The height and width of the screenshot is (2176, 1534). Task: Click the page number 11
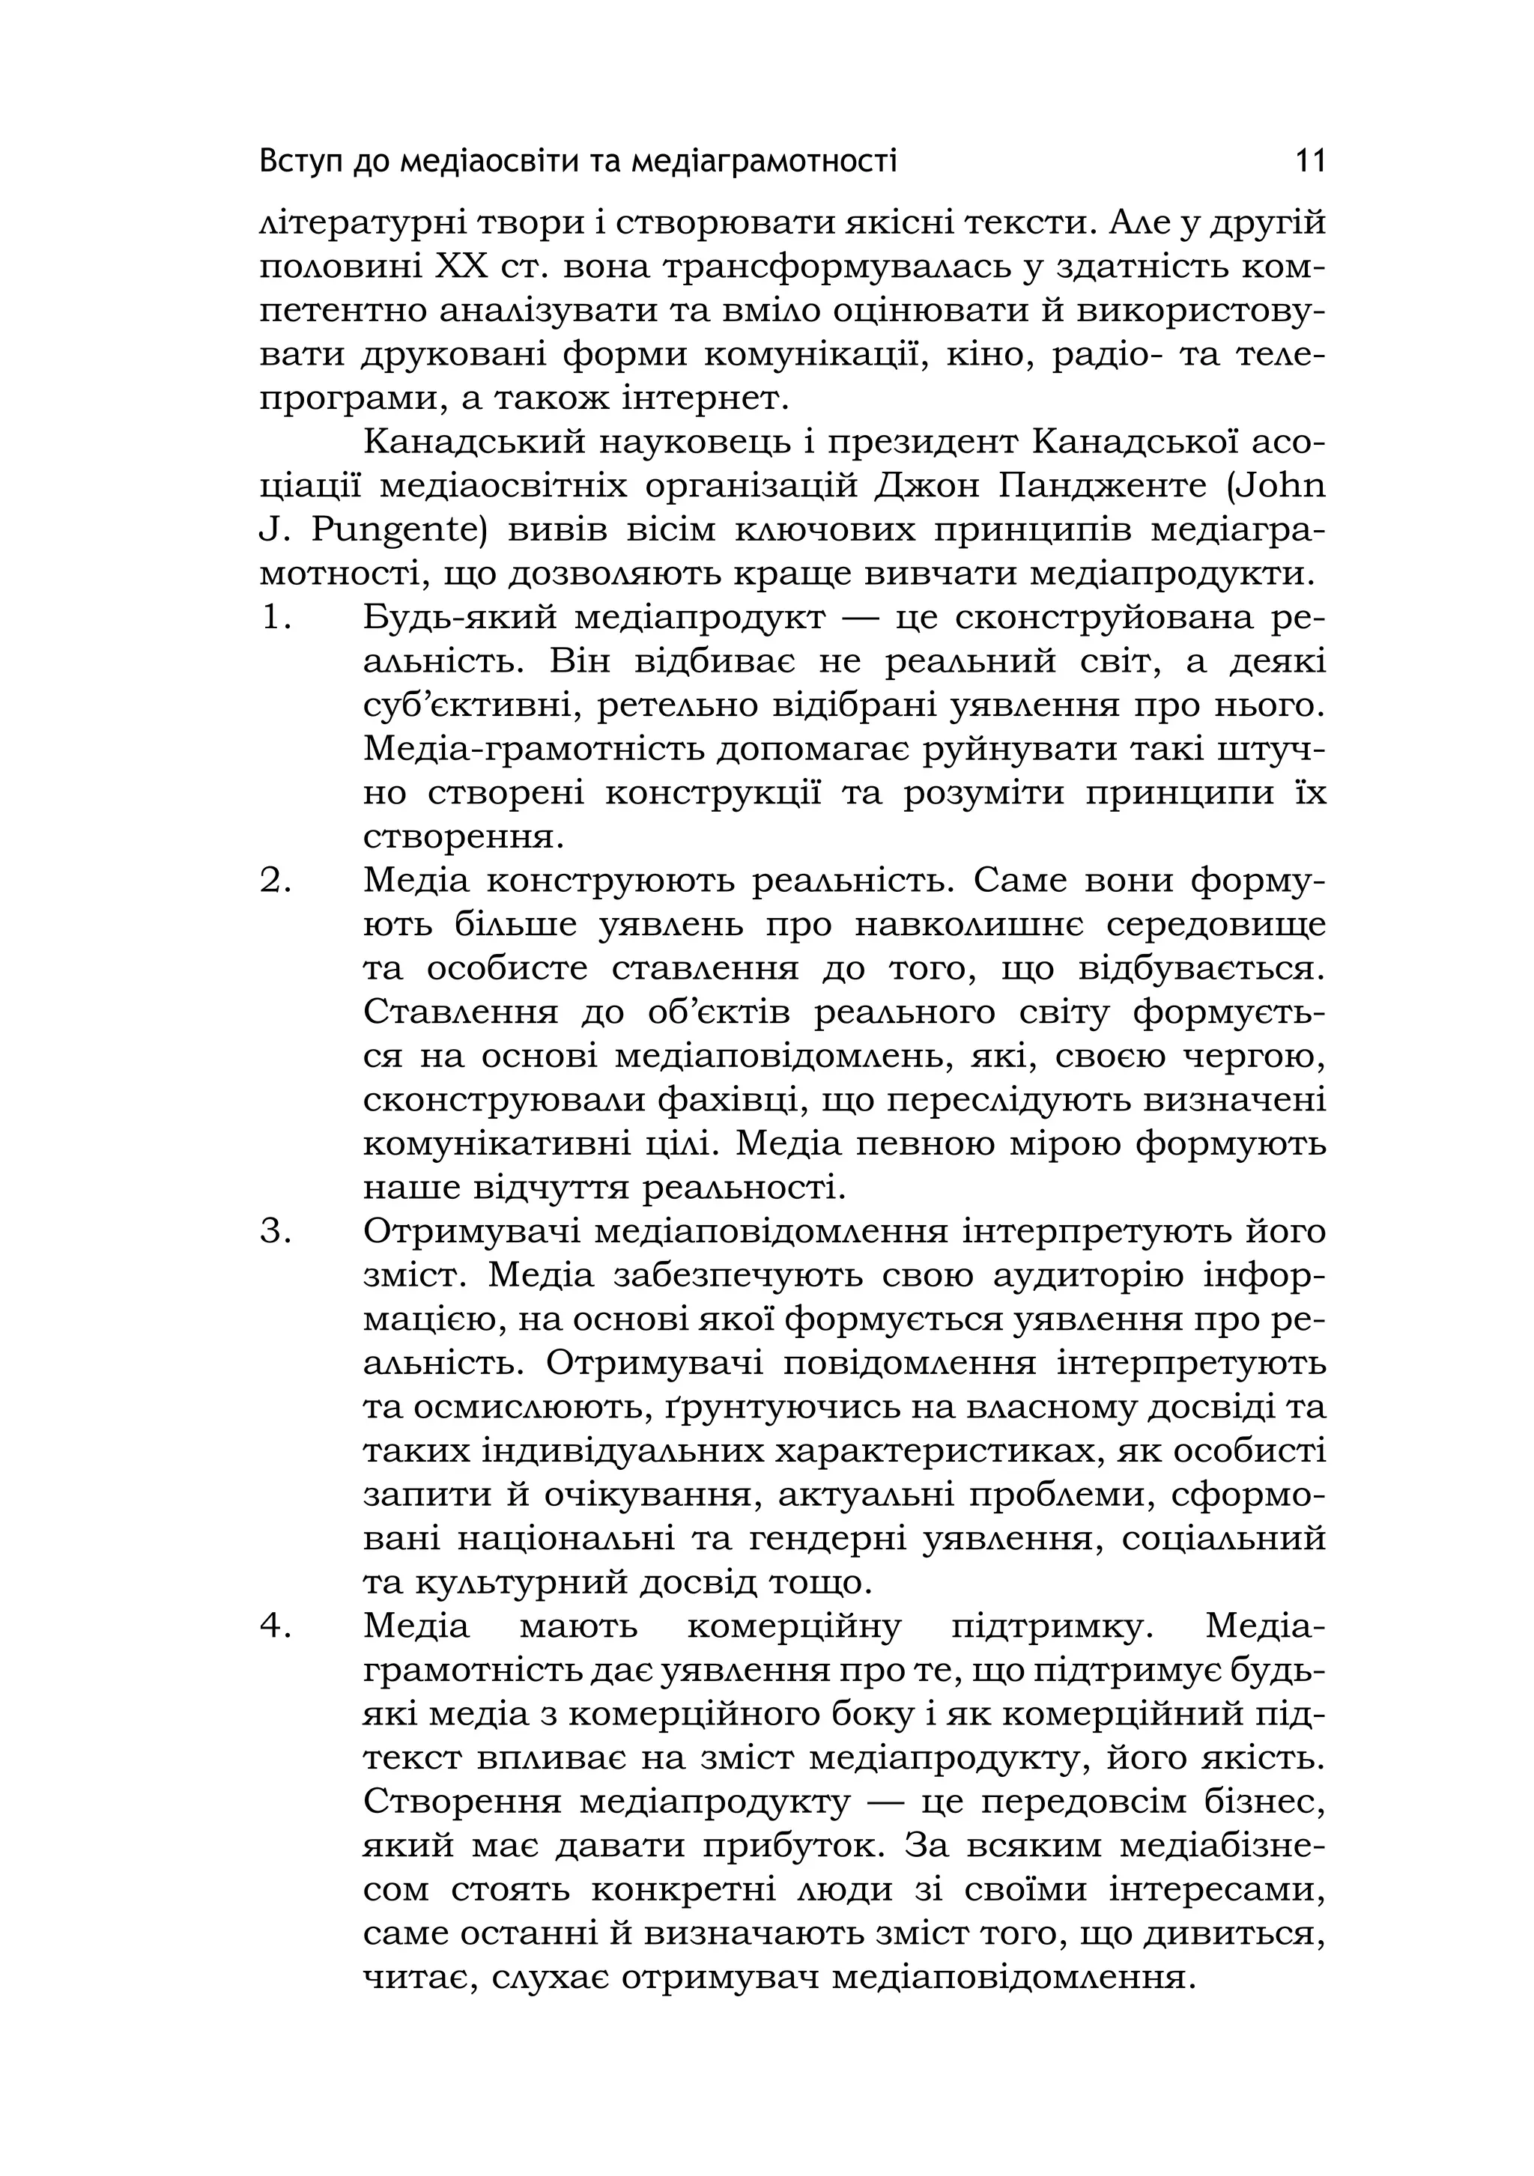point(1309,161)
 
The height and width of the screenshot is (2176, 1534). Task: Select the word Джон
point(924,486)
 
